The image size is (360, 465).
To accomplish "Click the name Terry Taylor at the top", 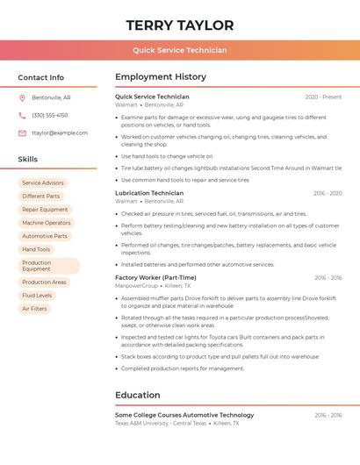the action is tap(180, 25).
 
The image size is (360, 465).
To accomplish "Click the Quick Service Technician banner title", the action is tap(180, 50).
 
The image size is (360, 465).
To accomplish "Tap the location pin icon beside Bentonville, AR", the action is tap(22, 97).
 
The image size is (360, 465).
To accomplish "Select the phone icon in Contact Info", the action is tap(22, 115).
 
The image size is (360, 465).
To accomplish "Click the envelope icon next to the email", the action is tap(22, 132).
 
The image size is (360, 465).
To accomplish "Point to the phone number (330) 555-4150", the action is tap(50, 115).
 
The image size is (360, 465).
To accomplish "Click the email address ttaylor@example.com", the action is tap(60, 132).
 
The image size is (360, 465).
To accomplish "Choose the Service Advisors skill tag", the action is tap(43, 182).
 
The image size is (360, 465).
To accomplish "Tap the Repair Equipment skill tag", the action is tap(45, 210).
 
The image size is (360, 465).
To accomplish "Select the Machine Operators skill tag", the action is tap(47, 223).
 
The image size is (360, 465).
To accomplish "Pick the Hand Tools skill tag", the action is tap(36, 249).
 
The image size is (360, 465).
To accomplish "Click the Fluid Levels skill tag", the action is tap(37, 296).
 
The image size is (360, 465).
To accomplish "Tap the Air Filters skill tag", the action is tap(34, 309).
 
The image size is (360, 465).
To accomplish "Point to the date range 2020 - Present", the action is tap(323, 97).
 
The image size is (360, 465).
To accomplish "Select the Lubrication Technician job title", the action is tap(149, 193).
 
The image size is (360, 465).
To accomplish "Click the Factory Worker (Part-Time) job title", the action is tap(155, 277).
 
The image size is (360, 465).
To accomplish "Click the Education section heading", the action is tap(137, 395).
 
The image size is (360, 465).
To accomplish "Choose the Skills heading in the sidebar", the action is tap(27, 159).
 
